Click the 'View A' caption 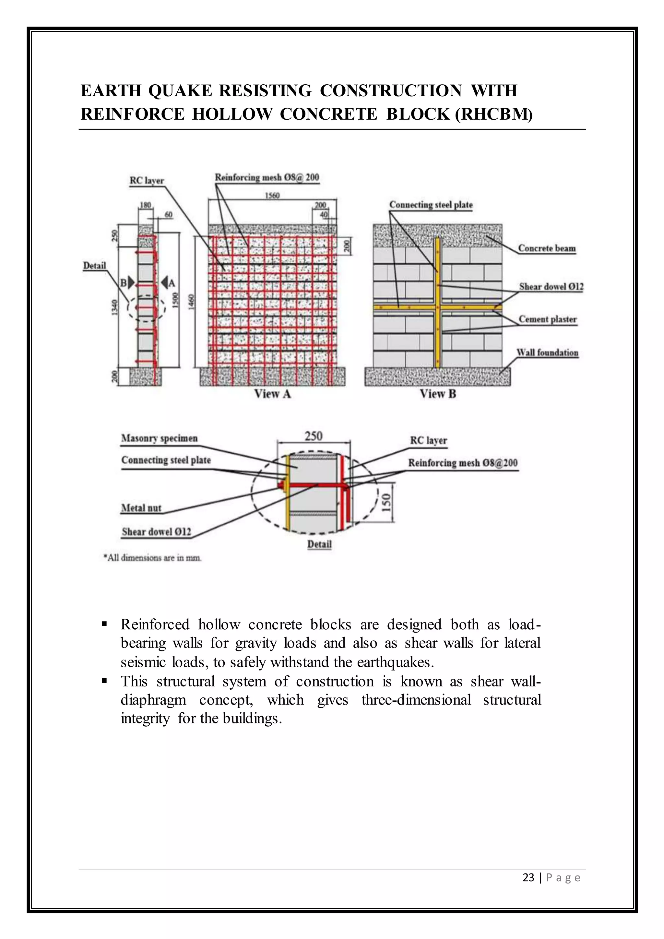pos(272,394)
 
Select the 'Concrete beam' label pos(547,248)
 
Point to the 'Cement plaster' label pos(548,319)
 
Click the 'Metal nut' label pos(141,508)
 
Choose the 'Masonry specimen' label pos(160,438)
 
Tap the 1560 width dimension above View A pos(272,196)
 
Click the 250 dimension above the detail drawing pos(314,436)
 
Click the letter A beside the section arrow pos(172,283)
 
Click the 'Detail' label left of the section pos(94,266)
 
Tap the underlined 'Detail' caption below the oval pos(319,544)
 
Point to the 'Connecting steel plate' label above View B pos(431,205)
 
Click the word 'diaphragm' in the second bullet pos(153,700)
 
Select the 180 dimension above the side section pos(146,205)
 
